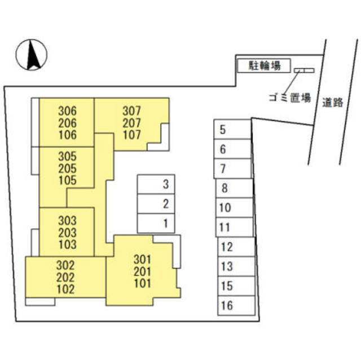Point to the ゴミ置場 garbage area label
pyautogui.click(x=289, y=97)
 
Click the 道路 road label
pyautogui.click(x=333, y=103)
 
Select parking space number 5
pyautogui.click(x=223, y=130)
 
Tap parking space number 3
pyautogui.click(x=165, y=184)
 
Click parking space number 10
pyautogui.click(x=224, y=208)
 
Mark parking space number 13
pyautogui.click(x=227, y=266)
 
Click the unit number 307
pyautogui.click(x=131, y=111)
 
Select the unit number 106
pyautogui.click(x=67, y=135)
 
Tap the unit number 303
pyautogui.click(x=67, y=221)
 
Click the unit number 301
pyautogui.click(x=143, y=260)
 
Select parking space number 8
pyautogui.click(x=224, y=188)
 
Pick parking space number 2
pyautogui.click(x=165, y=204)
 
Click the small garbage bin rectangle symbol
pyautogui.click(x=303, y=70)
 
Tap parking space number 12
pyautogui.click(x=227, y=247)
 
